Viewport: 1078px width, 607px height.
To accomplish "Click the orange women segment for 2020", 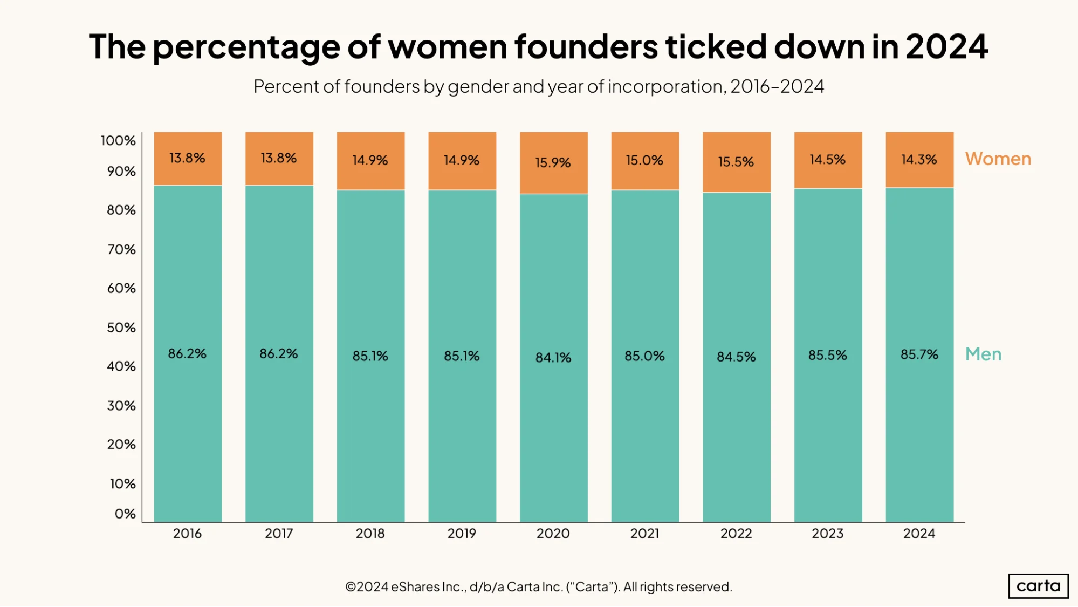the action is [554, 163].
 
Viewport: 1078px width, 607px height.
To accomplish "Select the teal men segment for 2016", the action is [188, 354].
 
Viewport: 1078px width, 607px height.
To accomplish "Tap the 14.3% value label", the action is [919, 160].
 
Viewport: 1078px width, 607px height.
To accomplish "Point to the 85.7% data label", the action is [919, 354].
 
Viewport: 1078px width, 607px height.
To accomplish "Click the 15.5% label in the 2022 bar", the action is [736, 162].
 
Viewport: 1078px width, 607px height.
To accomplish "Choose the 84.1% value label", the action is [553, 357].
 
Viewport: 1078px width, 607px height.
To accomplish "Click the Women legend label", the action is [998, 159].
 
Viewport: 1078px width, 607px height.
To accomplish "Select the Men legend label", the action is [984, 354].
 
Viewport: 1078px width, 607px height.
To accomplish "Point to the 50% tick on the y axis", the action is [121, 328].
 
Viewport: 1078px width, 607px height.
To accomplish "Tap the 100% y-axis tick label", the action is [118, 141].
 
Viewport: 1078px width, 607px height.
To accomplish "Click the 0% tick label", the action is [125, 514].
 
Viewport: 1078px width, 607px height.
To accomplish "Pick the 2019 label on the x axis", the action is [462, 534].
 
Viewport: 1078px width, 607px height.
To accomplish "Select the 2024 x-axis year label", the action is [919, 534].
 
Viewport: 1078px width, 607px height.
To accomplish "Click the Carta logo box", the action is [1038, 586].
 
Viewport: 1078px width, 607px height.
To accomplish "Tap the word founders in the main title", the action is [586, 46].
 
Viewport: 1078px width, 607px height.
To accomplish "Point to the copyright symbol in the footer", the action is [351, 587].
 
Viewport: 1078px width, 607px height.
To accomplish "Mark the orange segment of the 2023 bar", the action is [828, 160].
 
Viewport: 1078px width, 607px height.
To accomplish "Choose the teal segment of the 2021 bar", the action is [646, 356].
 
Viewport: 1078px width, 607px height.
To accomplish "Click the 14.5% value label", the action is [828, 160].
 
